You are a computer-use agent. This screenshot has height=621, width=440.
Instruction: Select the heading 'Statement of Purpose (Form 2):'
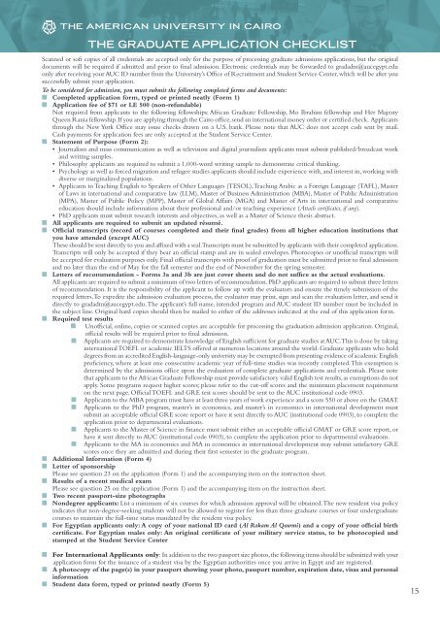pyautogui.click(x=71, y=125)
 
